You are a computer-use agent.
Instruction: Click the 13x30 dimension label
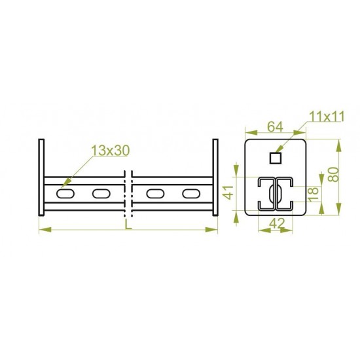point(111,151)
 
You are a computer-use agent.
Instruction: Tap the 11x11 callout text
point(327,117)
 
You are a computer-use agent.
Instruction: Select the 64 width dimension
point(276,126)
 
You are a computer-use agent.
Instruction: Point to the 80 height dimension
point(333,175)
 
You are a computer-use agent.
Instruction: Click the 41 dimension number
point(228,192)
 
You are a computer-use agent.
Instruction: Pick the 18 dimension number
point(313,194)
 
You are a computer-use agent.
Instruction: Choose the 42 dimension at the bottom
point(277,223)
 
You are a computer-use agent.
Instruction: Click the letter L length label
point(128,225)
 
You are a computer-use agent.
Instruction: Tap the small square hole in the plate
point(276,158)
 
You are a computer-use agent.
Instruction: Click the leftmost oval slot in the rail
point(65,194)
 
